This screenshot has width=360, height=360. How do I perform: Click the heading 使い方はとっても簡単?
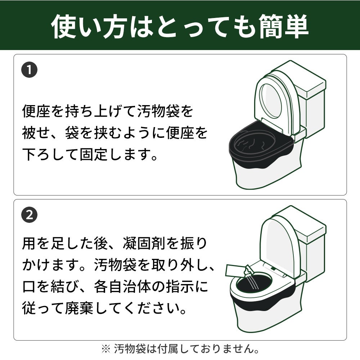coord(180,26)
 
